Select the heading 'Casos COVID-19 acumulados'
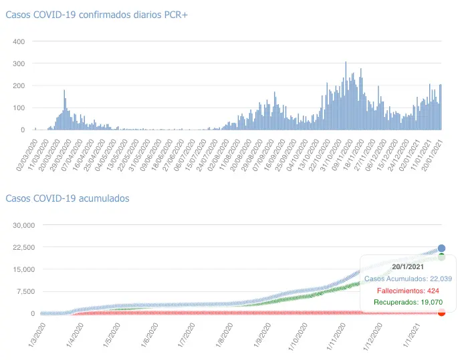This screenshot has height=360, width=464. coord(68,198)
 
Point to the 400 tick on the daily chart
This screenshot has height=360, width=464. coord(19,41)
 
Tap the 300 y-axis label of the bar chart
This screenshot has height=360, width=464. coord(19,63)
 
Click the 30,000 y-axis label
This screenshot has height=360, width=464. coord(24,225)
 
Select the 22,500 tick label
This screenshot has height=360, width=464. coord(24,247)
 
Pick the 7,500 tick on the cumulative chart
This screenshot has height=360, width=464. coord(26,291)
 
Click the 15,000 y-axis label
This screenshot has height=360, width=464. coord(24,269)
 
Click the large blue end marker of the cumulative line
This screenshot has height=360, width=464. coord(441,248)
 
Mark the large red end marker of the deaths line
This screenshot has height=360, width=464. coord(441,312)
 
